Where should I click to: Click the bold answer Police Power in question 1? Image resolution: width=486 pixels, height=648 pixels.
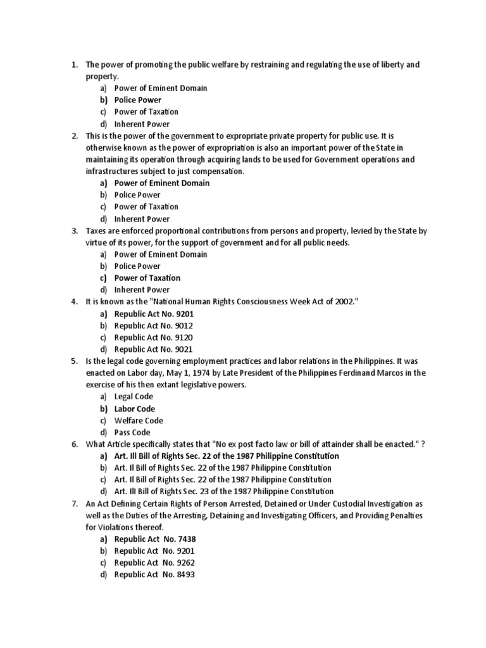pos(137,100)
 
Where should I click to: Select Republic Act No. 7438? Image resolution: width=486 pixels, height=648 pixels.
pos(149,539)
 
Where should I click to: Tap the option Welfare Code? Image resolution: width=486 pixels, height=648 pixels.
pos(139,421)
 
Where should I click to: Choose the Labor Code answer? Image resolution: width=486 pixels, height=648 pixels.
pos(134,409)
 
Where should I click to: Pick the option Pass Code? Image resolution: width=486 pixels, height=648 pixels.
pos(132,433)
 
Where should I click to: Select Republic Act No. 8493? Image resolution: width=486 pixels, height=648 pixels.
pos(149,575)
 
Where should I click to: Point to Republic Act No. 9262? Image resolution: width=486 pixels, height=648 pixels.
pos(149,563)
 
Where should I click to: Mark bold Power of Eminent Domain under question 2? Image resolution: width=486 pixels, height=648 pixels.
pos(161,183)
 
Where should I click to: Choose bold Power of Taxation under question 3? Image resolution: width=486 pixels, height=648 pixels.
pos(147,278)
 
